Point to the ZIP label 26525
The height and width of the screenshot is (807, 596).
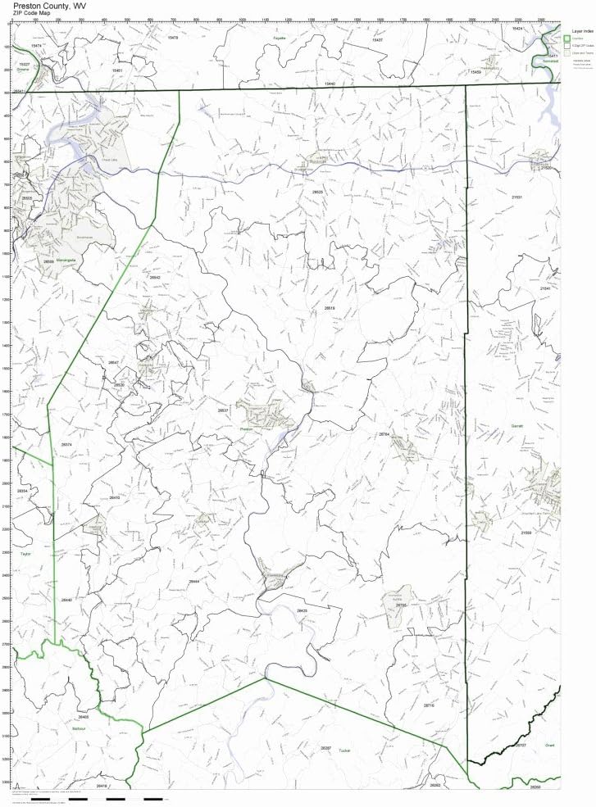(x=317, y=192)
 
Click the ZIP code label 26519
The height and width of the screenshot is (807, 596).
(x=330, y=308)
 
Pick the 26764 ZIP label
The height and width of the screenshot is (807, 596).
(x=383, y=434)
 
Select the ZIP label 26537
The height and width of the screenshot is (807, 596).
(x=223, y=410)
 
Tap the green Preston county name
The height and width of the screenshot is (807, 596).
(x=245, y=428)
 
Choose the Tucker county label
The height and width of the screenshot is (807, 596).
(x=345, y=749)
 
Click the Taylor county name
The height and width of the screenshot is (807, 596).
(x=25, y=554)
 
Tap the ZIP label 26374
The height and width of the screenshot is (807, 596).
(x=67, y=445)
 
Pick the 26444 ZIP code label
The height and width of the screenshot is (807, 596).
(x=193, y=581)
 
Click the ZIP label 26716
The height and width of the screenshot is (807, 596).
(x=429, y=705)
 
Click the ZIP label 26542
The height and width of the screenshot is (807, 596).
(x=155, y=278)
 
